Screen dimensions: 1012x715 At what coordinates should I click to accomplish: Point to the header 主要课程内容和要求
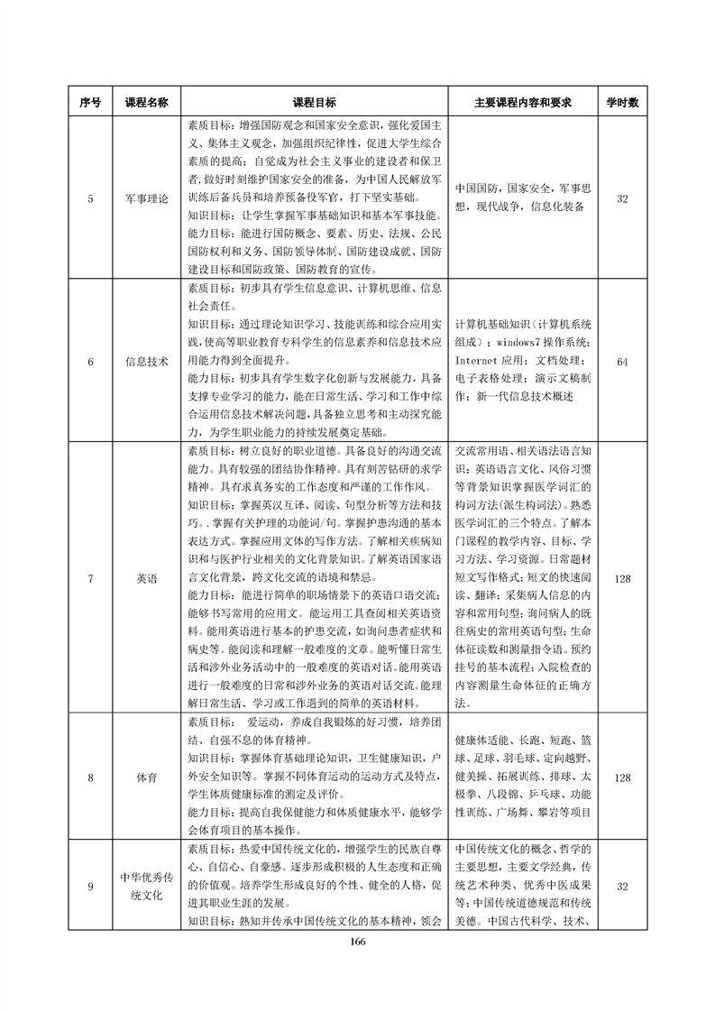(524, 103)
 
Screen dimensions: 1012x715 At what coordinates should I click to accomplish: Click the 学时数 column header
(621, 103)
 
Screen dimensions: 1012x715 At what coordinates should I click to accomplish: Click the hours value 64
(621, 361)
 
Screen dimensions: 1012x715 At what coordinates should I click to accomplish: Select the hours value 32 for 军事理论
(621, 198)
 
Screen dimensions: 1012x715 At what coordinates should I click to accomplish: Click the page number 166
(357, 942)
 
